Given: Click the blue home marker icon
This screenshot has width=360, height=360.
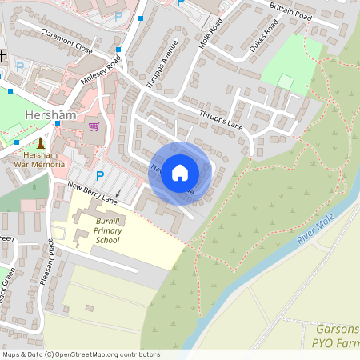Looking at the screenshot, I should [180, 173].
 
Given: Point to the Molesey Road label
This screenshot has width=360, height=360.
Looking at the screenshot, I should [100, 74].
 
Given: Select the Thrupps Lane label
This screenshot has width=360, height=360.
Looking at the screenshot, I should [221, 119].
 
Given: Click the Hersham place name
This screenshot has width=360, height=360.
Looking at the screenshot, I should [50, 115].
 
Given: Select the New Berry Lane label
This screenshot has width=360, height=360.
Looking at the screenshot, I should [92, 193].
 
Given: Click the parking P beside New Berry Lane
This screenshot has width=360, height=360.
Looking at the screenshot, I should [100, 175].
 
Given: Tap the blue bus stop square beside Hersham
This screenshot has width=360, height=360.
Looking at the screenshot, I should [58, 124].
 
